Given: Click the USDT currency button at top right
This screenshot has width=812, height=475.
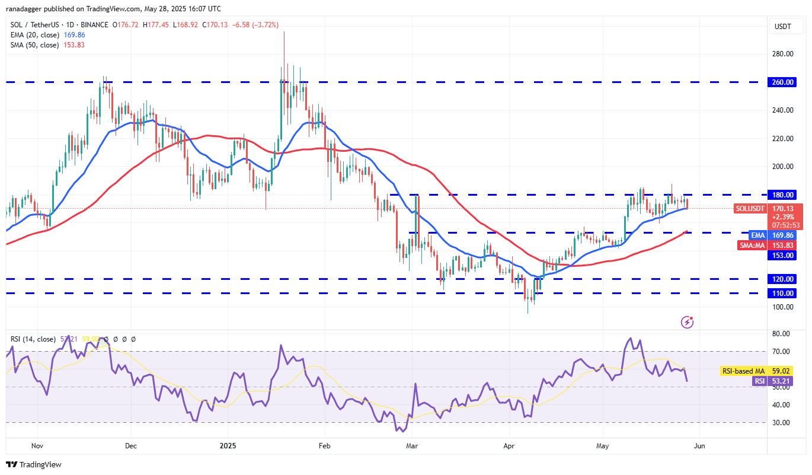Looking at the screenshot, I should click(783, 26).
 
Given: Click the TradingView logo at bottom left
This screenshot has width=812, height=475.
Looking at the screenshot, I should click(34, 464).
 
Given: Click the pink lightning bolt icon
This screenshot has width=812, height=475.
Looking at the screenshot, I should click(688, 322).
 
